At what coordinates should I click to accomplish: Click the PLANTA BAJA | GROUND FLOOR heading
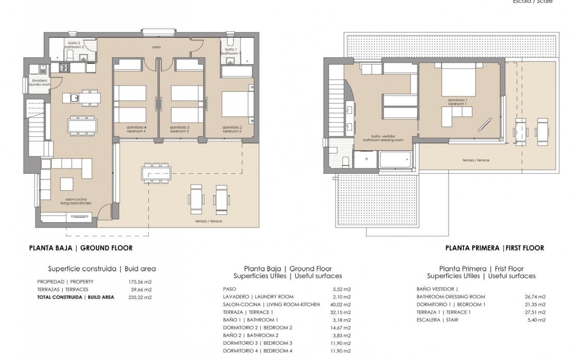tap(80, 248)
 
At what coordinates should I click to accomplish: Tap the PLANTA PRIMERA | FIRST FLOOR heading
tap(495, 248)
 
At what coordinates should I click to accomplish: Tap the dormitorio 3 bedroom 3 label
tap(179, 129)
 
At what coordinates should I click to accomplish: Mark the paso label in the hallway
tap(157, 47)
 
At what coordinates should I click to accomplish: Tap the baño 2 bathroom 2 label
tap(74, 45)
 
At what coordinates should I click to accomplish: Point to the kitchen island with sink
tap(81, 97)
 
